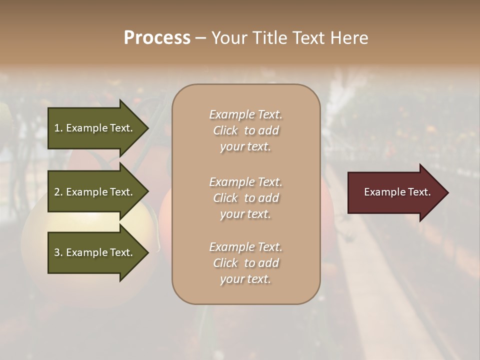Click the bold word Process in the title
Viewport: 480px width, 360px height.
(157, 38)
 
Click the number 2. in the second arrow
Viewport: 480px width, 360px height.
(58, 192)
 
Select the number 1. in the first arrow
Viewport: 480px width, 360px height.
(58, 128)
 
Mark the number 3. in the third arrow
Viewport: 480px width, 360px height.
(58, 252)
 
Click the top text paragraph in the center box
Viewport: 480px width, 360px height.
(245, 130)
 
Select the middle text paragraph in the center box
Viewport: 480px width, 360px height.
(245, 198)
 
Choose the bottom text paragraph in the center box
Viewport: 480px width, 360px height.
(245, 263)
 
